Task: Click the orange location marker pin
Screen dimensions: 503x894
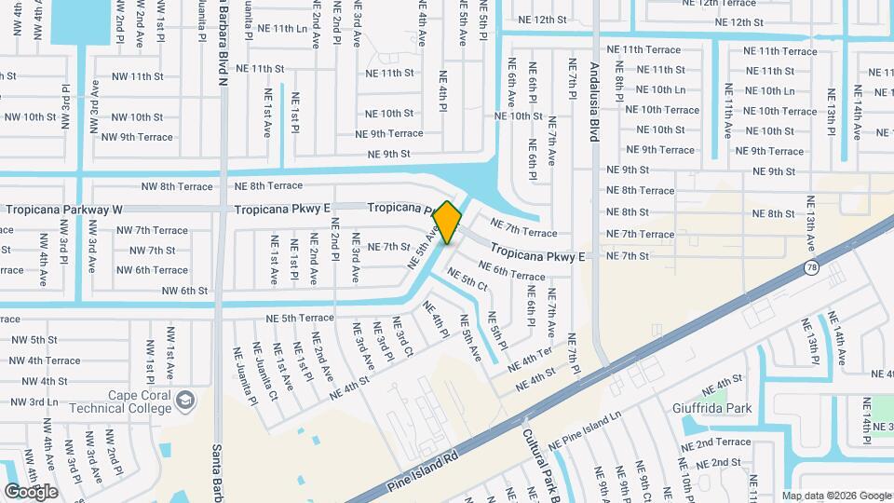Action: (x=448, y=222)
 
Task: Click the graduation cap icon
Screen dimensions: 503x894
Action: (x=185, y=400)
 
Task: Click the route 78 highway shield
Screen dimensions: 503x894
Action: (x=811, y=268)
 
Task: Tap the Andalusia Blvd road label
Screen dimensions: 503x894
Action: (x=594, y=102)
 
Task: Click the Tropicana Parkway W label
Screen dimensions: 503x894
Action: (x=63, y=210)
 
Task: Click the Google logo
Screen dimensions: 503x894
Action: (x=31, y=492)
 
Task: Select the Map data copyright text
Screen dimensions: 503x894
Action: (x=835, y=496)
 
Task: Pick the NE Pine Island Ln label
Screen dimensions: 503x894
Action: (x=585, y=431)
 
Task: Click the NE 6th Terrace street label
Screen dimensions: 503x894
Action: (x=512, y=273)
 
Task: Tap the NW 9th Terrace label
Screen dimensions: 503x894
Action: (x=137, y=137)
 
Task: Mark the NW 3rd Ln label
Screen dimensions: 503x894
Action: (x=35, y=401)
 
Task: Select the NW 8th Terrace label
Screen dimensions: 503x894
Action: (x=177, y=186)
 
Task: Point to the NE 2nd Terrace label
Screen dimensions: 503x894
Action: (x=719, y=442)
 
